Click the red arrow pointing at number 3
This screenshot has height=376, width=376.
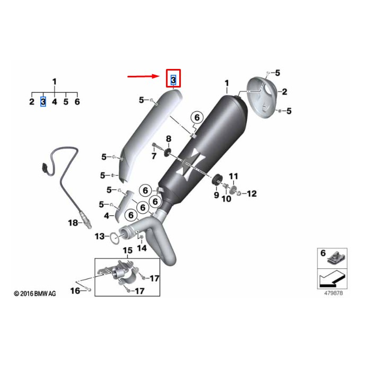click(144, 76)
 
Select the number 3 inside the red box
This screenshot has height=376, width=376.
click(173, 80)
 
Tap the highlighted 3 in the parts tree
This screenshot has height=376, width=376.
click(43, 101)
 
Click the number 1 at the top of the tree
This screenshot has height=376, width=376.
click(54, 81)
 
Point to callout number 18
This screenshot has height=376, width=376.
click(73, 223)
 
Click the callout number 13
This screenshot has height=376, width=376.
click(100, 236)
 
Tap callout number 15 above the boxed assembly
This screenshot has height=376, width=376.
click(127, 250)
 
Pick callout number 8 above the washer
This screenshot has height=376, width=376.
click(169, 139)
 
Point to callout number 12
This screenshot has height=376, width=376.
click(251, 194)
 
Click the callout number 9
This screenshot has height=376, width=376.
click(216, 195)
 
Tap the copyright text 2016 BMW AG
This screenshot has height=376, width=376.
click(34, 293)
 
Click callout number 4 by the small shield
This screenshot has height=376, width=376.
click(107, 216)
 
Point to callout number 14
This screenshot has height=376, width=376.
click(142, 248)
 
